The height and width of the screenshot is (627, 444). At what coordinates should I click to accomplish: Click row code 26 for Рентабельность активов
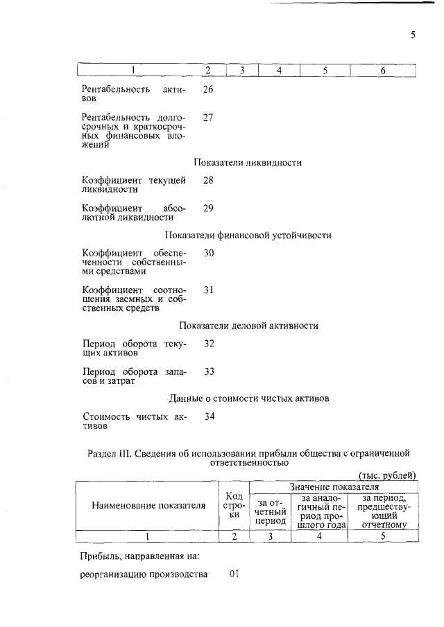[x=208, y=89]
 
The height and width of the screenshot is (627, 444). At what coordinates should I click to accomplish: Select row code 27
[x=208, y=117]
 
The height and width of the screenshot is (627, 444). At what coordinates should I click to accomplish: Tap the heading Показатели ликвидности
[x=248, y=162]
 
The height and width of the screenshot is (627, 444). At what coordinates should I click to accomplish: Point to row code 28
[x=208, y=180]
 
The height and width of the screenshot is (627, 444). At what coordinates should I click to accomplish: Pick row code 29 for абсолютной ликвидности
[x=208, y=208]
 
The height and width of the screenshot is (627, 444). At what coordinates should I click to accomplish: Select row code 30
[x=208, y=253]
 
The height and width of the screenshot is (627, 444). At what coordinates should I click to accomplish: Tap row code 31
[x=208, y=289]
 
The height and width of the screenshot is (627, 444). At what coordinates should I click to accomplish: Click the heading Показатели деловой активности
[x=248, y=326]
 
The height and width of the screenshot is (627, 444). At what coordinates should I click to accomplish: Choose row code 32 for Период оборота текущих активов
[x=208, y=344]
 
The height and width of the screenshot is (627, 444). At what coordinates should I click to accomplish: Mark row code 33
[x=208, y=371]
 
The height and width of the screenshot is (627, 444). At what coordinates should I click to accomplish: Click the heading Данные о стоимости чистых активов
[x=248, y=398]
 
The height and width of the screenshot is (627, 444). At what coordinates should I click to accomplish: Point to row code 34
[x=208, y=416]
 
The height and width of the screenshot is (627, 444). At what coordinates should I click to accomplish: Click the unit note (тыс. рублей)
[x=386, y=475]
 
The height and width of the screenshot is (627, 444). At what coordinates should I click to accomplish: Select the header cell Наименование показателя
[x=148, y=506]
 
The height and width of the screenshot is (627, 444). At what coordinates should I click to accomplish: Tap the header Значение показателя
[x=332, y=487]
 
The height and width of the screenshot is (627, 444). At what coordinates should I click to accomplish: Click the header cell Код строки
[x=234, y=505]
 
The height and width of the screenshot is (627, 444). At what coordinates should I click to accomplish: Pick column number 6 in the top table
[x=383, y=70]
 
